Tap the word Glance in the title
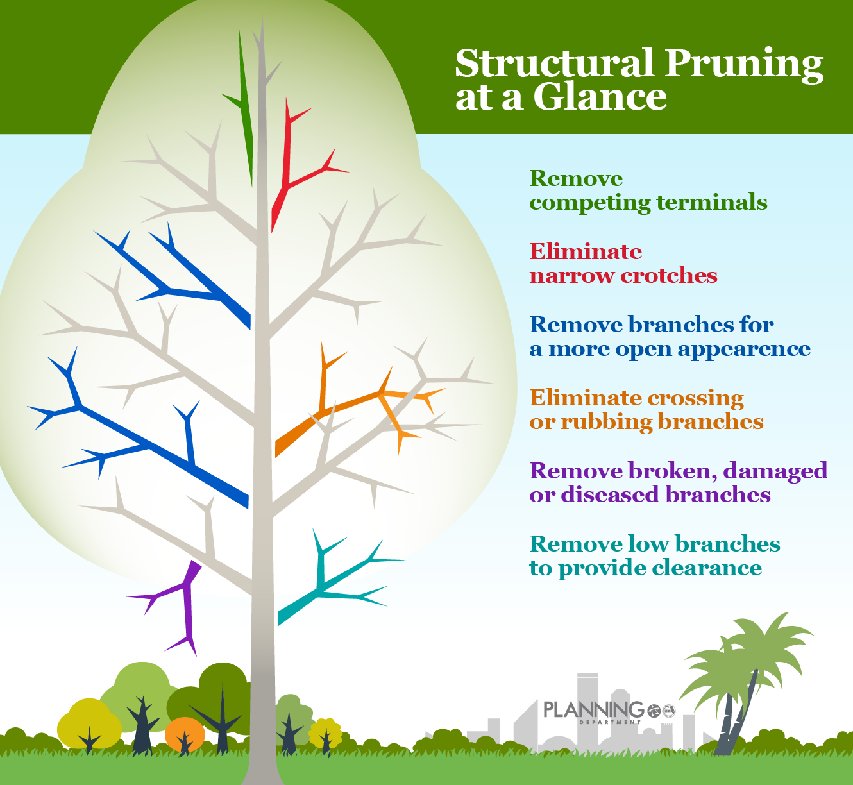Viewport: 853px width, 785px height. (600, 97)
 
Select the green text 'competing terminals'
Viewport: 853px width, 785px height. (648, 203)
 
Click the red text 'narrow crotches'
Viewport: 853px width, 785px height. (623, 276)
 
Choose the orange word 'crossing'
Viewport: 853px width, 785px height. (695, 398)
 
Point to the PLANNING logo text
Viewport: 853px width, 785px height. (593, 709)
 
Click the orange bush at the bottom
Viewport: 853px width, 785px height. (185, 732)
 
